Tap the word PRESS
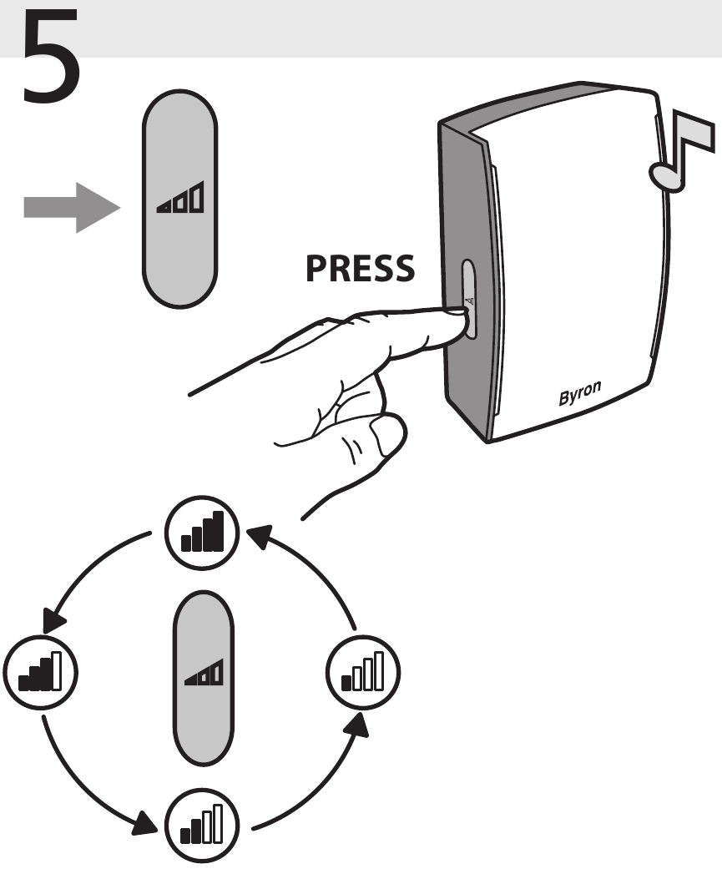(360, 269)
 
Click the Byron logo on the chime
(580, 392)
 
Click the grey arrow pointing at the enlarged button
(72, 207)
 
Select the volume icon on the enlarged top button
(180, 197)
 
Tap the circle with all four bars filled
(202, 533)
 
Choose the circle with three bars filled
(40, 672)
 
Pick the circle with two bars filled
(202, 825)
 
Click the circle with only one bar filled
(363, 672)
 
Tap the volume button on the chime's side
(469, 299)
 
